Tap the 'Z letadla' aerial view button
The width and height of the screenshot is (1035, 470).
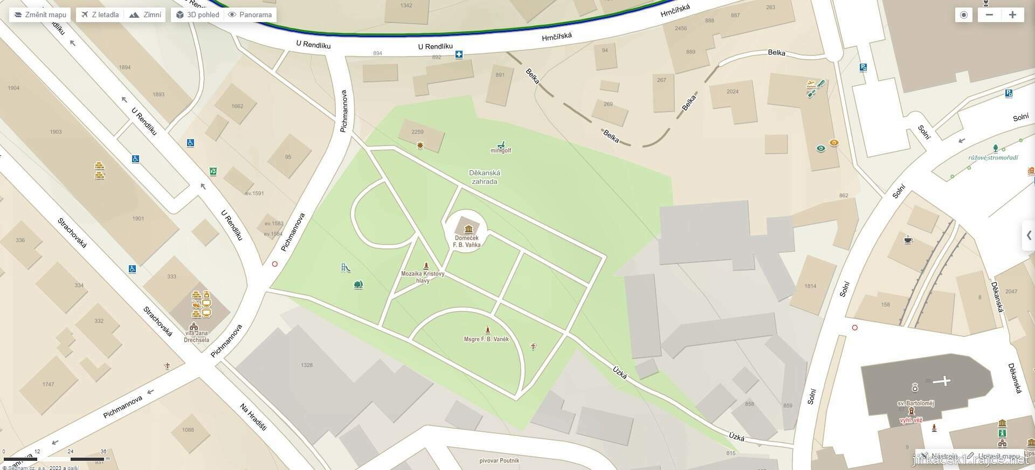click(100, 15)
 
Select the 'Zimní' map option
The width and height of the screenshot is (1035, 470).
click(146, 15)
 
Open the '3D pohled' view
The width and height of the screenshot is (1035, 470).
click(197, 15)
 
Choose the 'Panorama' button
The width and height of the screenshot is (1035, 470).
click(250, 15)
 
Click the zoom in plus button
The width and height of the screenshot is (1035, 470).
click(1012, 15)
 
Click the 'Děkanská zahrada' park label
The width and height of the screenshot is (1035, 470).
click(485, 177)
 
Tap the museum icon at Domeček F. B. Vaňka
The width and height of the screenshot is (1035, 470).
click(467, 229)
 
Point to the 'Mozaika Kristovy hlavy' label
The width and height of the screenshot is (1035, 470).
click(423, 277)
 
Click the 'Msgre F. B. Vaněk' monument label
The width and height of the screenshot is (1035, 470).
click(486, 339)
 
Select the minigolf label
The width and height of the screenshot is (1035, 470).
click(501, 150)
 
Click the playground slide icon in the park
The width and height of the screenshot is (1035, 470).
click(346, 268)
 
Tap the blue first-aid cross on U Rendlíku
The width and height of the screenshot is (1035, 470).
click(459, 54)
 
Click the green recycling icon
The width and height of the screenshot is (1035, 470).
click(213, 171)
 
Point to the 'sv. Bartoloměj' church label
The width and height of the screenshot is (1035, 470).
click(915, 403)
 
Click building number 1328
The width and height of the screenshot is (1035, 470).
click(306, 365)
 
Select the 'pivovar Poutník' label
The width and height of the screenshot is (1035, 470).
click(499, 461)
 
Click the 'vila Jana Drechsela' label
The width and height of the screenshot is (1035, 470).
click(196, 337)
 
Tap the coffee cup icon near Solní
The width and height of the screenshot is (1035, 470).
click(908, 240)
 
